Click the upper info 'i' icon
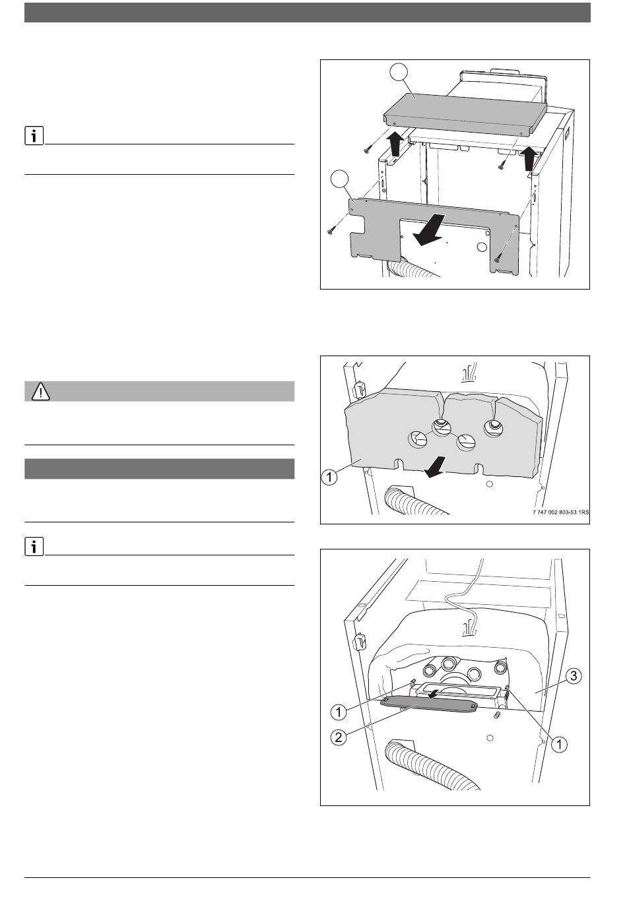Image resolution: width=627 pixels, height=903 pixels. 34,136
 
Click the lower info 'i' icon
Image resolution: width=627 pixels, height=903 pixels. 34,547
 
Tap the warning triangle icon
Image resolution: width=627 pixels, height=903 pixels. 41,391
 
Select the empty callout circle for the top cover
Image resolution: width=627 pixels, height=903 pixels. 399,73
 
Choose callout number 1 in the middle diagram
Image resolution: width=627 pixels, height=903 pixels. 329,478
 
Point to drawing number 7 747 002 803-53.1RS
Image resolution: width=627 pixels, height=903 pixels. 560,513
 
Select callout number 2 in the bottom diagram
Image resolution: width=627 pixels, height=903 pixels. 339,737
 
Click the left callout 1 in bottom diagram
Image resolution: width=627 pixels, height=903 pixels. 339,712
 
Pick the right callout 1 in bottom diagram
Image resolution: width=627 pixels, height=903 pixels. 559,744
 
